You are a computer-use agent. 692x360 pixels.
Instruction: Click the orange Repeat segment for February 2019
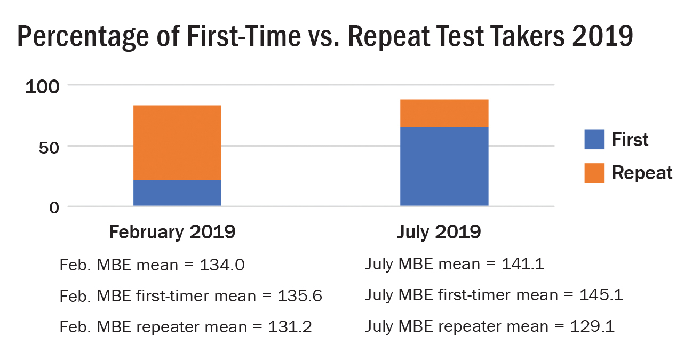[x=177, y=142]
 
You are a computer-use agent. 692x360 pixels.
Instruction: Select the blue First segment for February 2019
[x=177, y=193]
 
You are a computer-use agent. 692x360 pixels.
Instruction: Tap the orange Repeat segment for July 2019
[x=444, y=113]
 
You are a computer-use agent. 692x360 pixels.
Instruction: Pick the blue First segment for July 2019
[x=444, y=166]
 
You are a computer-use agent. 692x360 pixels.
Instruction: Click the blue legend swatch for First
[x=594, y=139]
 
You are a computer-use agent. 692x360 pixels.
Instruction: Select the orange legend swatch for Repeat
[x=594, y=173]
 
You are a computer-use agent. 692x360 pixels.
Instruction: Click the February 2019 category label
[x=172, y=233]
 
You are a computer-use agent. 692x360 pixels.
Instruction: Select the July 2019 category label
[x=439, y=233]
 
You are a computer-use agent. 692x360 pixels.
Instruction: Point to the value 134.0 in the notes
[x=222, y=265]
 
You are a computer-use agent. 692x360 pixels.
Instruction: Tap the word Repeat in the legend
[x=642, y=173]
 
